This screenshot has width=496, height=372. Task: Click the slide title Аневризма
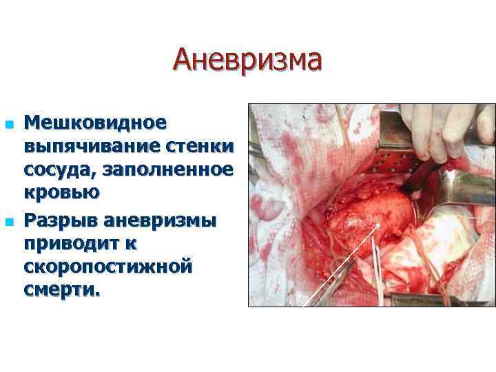247,59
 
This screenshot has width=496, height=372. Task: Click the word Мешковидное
95,124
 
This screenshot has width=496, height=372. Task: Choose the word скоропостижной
107,267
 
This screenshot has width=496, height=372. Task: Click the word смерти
62,289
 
